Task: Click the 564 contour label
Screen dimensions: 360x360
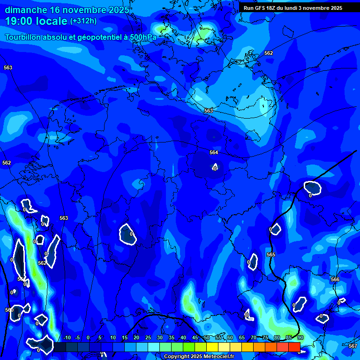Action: coord(214,152)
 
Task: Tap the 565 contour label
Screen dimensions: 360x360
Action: coord(271,255)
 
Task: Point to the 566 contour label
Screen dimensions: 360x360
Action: coord(335,279)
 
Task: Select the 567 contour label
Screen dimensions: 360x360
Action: coord(353,346)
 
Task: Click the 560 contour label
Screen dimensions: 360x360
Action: coord(9,310)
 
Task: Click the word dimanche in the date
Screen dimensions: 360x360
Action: coord(26,10)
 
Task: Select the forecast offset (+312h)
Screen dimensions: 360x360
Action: coord(83,21)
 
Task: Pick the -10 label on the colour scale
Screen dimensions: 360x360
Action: coord(67,338)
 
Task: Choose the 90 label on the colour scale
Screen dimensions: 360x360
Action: coord(300,338)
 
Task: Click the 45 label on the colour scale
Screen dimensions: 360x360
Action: coord(195,338)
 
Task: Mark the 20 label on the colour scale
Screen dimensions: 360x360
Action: coord(136,338)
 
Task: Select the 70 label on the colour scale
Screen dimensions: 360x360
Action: coord(254,338)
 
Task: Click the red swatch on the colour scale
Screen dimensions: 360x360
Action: coord(294,347)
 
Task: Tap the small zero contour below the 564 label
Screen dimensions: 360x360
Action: coord(215,167)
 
